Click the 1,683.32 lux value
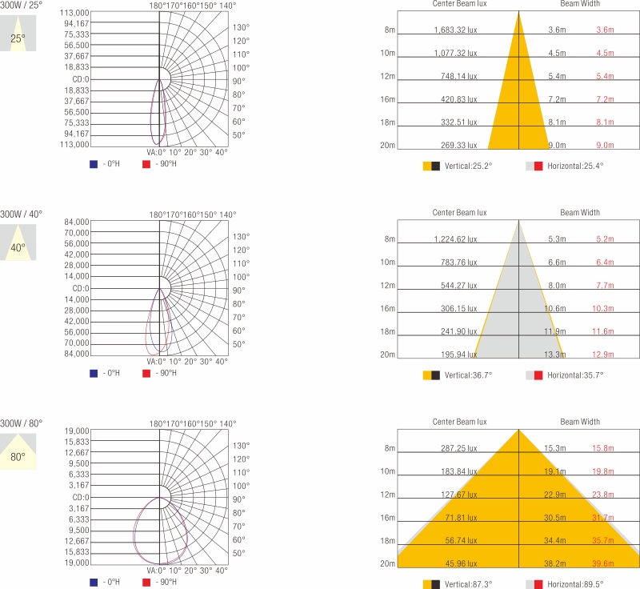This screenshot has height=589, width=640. pos(455,30)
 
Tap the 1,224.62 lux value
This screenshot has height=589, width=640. pos(455,239)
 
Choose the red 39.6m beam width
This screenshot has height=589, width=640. pos(603,563)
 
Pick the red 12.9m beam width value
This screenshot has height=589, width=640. pos(603,355)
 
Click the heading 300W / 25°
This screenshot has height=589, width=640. pos(22,6)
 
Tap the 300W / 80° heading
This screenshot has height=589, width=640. pos(22,423)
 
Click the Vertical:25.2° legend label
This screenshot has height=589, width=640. pos(468,166)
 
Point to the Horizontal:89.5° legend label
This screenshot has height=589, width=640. pos(575,584)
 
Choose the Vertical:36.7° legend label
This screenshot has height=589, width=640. pos(468,375)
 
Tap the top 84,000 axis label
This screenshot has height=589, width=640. pos(77,222)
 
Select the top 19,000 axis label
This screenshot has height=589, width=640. pos(77,431)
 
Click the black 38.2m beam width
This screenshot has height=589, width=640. pos(556,563)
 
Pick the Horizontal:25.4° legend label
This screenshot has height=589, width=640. pos(575,166)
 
